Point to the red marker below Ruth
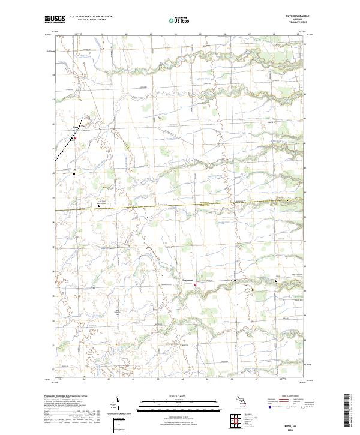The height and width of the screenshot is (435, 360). [x=76, y=139]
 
